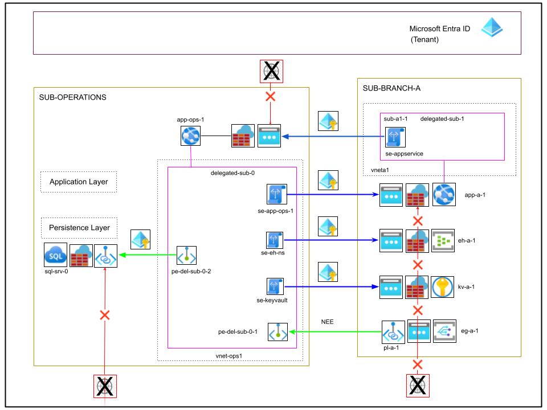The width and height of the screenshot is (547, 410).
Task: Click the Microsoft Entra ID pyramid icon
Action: click(492, 27)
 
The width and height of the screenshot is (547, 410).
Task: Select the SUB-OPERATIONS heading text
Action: click(72, 97)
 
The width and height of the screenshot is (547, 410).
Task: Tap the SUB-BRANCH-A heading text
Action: click(391, 88)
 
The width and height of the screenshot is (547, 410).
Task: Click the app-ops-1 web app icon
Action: click(190, 136)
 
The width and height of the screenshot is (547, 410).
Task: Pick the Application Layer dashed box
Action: click(79, 182)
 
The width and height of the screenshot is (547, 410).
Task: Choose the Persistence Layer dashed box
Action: click(79, 228)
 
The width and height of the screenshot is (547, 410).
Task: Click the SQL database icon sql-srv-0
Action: click(55, 255)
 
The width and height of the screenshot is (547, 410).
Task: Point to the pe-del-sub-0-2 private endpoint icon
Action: click(187, 256)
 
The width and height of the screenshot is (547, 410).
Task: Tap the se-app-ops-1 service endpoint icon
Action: click(277, 194)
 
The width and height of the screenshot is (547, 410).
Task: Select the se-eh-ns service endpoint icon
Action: click(275, 240)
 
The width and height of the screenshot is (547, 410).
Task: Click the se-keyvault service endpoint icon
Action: click(275, 286)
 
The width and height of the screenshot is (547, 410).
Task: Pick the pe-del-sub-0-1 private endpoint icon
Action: click(277, 332)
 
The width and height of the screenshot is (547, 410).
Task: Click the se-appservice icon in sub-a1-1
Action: click(395, 137)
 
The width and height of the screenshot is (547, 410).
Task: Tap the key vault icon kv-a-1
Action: click(442, 287)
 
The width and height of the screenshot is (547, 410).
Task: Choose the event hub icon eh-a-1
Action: click(443, 240)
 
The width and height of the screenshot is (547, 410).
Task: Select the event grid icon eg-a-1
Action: click(445, 331)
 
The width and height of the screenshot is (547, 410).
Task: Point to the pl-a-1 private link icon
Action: click(393, 332)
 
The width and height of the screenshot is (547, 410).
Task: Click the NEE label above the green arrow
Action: click(327, 322)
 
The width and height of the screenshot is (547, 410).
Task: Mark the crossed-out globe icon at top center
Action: click(271, 72)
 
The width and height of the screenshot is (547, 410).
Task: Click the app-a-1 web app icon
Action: click(444, 195)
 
